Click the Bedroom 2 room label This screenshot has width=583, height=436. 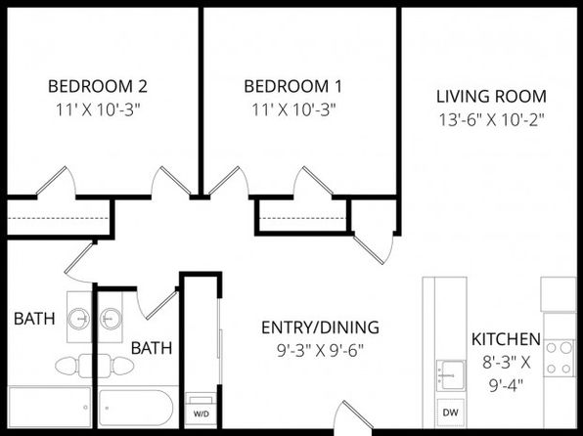click(98, 86)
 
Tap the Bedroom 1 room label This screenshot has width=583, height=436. click(293, 86)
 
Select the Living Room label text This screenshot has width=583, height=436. click(491, 96)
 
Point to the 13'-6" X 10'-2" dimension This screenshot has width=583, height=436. click(491, 119)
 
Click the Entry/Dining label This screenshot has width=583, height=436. click(320, 327)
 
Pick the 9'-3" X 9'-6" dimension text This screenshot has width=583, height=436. click(320, 350)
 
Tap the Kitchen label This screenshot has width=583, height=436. click(506, 339)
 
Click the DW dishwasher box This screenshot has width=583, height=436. click(451, 413)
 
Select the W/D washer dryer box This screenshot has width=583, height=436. click(202, 411)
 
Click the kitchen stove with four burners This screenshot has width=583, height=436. click(560, 358)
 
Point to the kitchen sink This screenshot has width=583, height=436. click(451, 375)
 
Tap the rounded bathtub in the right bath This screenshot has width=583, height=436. click(136, 408)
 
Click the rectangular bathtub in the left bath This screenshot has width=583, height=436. click(50, 408)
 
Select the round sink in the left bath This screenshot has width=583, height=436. click(79, 319)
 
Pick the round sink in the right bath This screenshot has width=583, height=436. click(111, 319)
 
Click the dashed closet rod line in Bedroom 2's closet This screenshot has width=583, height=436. click(59, 218)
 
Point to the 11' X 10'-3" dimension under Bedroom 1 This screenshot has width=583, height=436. click(293, 109)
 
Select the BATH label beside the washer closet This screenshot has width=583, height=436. click(152, 348)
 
